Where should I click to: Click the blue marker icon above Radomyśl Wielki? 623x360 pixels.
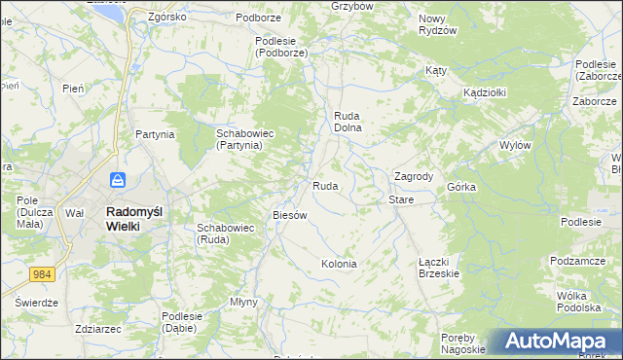[118, 180]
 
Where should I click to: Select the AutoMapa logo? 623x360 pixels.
[554, 342]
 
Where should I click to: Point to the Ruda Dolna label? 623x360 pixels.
[348, 121]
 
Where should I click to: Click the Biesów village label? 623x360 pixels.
[290, 215]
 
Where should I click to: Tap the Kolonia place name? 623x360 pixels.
[339, 264]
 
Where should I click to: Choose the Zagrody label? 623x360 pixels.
[413, 176]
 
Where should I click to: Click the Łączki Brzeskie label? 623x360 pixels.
[438, 268]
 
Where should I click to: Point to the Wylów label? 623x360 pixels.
[514, 144]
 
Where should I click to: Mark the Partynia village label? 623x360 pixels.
[155, 134]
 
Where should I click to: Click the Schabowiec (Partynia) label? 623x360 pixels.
[239, 138]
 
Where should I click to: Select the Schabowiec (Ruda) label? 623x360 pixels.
[225, 233]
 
